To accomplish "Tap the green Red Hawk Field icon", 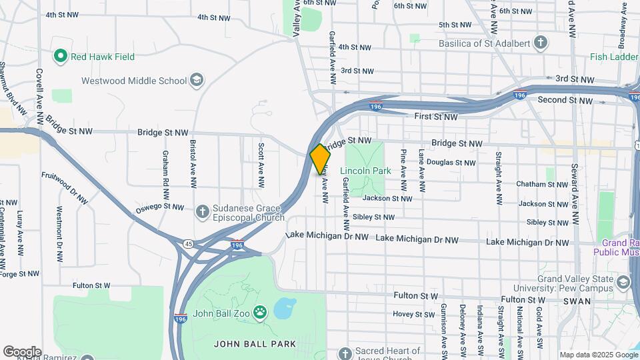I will pyautogui.click(x=61, y=57).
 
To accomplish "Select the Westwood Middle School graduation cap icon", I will pyautogui.click(x=196, y=81).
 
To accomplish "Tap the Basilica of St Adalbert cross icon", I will pyautogui.click(x=541, y=43).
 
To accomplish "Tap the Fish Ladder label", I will pyautogui.click(x=614, y=57).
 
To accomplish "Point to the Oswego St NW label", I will pyautogui.click(x=159, y=208).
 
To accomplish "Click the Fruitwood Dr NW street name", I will pyautogui.click(x=65, y=189).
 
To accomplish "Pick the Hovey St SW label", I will pyautogui.click(x=413, y=314).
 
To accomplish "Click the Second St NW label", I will pyautogui.click(x=565, y=101).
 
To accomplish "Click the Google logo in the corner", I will pyautogui.click(x=21, y=352).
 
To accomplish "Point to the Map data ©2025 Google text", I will pyautogui.click(x=598, y=355).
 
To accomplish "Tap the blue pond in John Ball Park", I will pyautogui.click(x=285, y=309).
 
